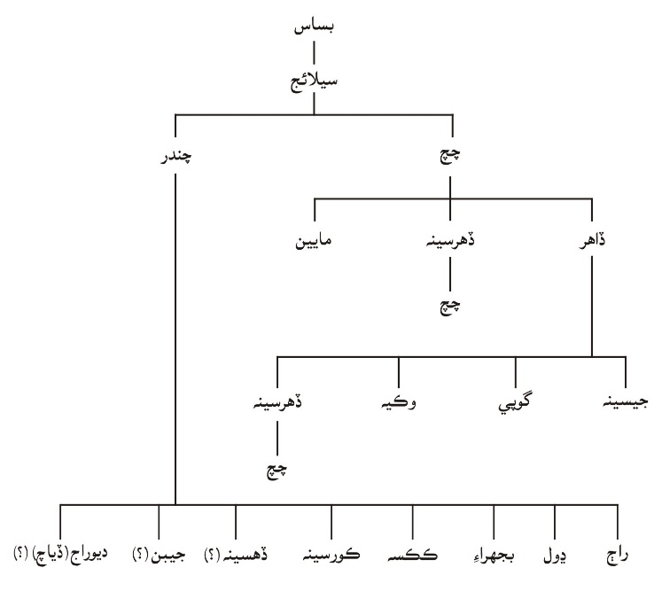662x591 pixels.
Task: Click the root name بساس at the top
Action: click(x=314, y=27)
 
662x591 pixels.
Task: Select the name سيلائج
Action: click(x=314, y=81)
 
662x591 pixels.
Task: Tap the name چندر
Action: click(x=175, y=157)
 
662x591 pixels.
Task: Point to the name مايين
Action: click(x=313, y=241)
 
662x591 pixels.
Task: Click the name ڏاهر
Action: click(x=592, y=241)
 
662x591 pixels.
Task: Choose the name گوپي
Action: click(x=515, y=403)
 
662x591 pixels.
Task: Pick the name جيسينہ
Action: click(x=626, y=402)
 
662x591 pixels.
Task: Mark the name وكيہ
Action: click(x=399, y=402)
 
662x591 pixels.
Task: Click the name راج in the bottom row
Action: click(x=618, y=556)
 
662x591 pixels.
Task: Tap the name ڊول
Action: click(x=555, y=556)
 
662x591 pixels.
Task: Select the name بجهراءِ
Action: click(x=494, y=556)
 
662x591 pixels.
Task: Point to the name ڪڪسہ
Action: click(x=412, y=556)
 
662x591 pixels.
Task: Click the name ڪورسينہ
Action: click(x=331, y=555)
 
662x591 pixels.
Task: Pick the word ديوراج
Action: click(x=90, y=555)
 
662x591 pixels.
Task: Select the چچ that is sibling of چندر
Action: click(x=450, y=156)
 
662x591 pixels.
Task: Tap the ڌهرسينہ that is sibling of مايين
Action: click(x=450, y=241)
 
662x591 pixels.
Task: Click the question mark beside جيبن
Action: click(x=138, y=556)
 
